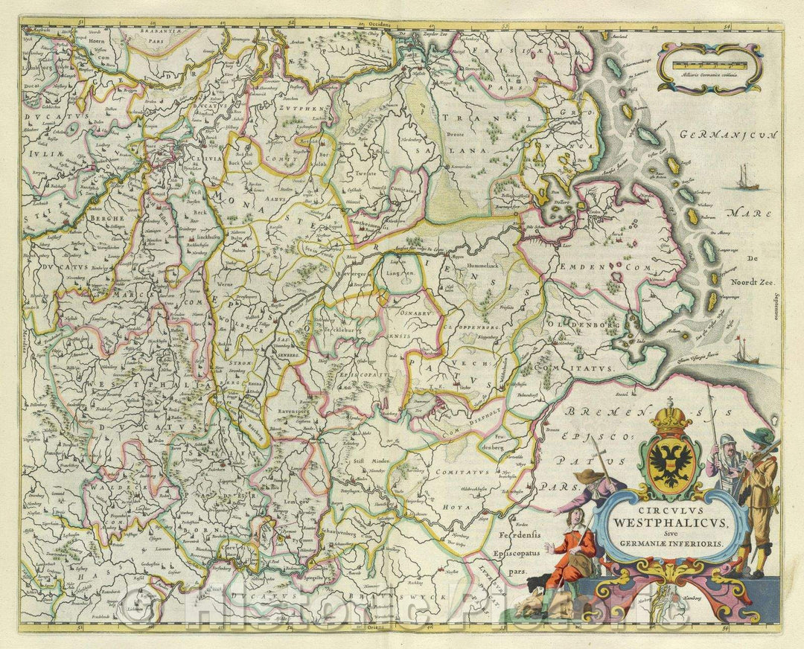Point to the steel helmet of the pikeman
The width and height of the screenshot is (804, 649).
point(730,439)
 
